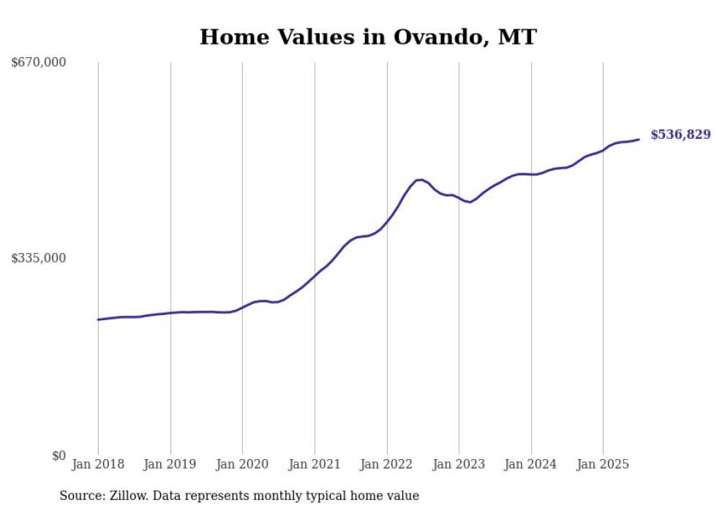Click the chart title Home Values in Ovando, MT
(368, 37)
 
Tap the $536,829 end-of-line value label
(680, 135)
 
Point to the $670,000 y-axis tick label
(39, 63)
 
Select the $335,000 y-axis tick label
(39, 258)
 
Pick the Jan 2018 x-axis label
(98, 464)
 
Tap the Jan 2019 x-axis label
(170, 464)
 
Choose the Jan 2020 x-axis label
(243, 464)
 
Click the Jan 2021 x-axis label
(315, 464)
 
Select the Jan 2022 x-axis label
(387, 464)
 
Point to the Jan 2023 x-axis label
(459, 464)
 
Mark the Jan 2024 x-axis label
(531, 464)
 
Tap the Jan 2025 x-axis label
(604, 464)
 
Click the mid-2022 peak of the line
(419, 179)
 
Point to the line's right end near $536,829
(639, 139)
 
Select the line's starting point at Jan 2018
(98, 319)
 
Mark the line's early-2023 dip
(469, 202)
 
